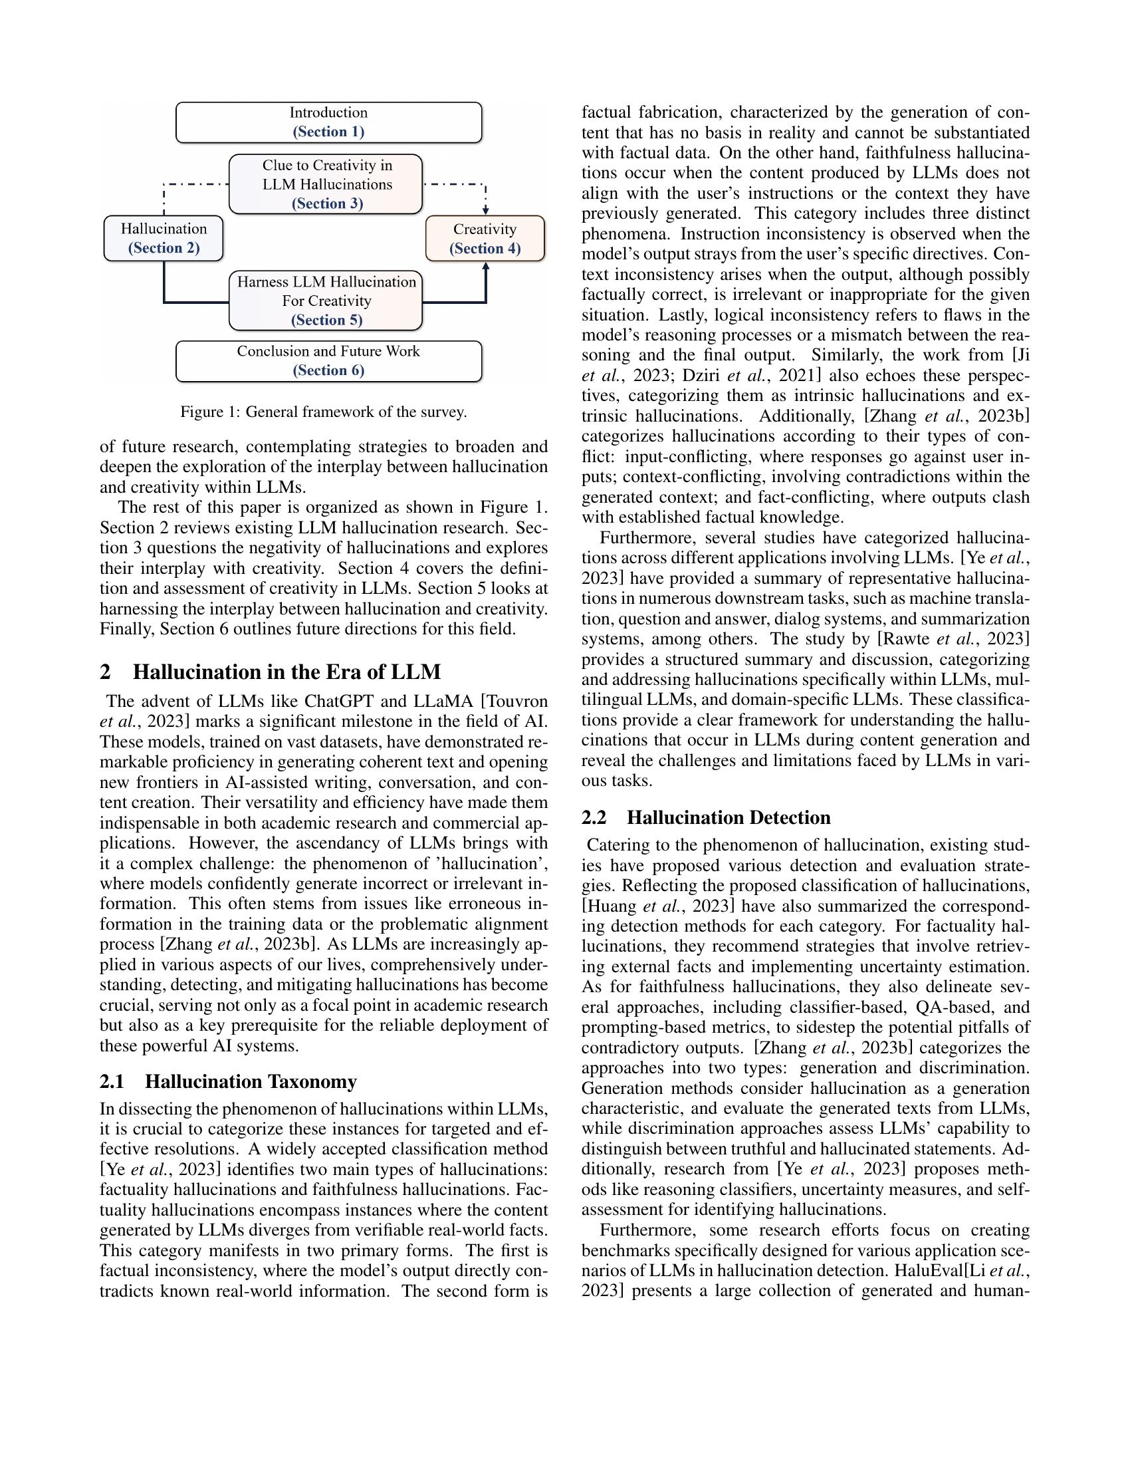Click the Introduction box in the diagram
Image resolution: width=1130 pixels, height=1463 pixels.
(x=328, y=122)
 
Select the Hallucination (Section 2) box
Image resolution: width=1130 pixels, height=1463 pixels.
(x=164, y=239)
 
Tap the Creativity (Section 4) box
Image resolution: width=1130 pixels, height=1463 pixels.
(x=485, y=239)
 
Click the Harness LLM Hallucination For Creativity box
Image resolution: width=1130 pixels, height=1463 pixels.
(x=326, y=301)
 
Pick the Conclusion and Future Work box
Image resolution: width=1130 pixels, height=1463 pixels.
(x=328, y=361)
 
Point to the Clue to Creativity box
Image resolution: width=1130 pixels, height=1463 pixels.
(x=326, y=184)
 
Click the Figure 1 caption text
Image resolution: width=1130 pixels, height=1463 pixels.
(x=323, y=412)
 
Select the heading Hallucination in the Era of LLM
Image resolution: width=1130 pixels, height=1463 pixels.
(x=286, y=672)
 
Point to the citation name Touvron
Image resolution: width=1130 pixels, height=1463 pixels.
(x=516, y=702)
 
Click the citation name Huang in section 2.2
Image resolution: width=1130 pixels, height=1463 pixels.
(x=613, y=906)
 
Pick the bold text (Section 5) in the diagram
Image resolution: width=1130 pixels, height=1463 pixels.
(x=326, y=321)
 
